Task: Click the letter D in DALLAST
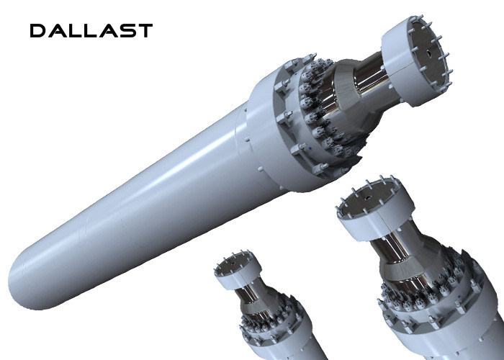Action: [38, 31]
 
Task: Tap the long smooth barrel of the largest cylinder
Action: [135, 206]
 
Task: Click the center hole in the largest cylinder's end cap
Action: [429, 53]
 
